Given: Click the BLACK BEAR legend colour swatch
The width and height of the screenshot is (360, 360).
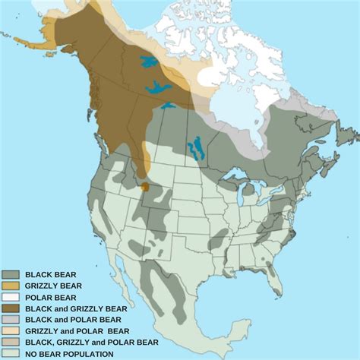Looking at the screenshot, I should [11, 274].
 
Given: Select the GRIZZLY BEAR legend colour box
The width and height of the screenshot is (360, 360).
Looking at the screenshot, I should [11, 286].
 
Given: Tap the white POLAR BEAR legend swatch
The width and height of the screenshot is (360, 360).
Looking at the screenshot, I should [11, 297].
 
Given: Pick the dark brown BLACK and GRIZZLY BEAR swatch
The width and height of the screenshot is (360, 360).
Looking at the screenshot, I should [11, 308].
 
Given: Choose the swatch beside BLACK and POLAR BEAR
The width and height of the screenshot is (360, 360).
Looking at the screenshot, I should [11, 320].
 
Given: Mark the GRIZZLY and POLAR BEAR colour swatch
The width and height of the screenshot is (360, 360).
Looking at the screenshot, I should [11, 331].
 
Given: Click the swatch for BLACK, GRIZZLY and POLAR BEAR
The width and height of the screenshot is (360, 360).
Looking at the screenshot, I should [11, 343].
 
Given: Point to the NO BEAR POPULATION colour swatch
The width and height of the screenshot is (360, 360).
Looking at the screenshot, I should [11, 354].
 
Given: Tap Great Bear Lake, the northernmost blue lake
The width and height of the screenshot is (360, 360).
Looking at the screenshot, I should [149, 62].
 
